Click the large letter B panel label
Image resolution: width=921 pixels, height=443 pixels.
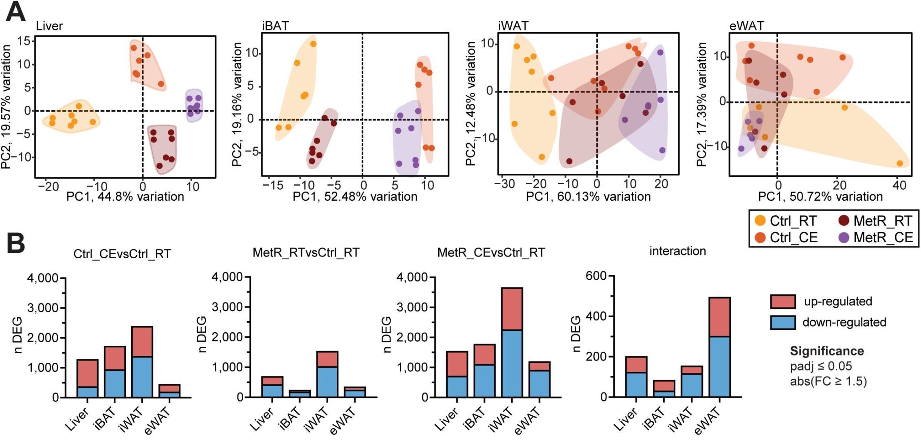point(15,243)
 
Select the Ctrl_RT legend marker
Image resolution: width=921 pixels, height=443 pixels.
point(760,221)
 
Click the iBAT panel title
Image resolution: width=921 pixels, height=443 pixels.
point(275,26)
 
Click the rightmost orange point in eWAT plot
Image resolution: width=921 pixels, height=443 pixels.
point(900,163)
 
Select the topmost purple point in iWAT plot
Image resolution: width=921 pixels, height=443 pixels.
point(660,53)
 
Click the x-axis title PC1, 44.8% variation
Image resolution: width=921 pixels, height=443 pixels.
point(125,197)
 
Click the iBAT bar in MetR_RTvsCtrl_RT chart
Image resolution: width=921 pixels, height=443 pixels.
point(299,393)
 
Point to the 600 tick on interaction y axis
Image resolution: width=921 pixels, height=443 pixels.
point(596,276)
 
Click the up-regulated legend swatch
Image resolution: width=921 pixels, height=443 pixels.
point(783,302)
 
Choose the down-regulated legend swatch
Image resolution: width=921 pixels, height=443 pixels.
point(783,322)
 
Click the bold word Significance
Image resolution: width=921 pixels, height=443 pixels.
point(826,351)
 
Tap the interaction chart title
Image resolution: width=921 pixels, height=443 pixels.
point(677,251)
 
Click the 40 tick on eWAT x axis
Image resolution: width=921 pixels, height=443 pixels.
point(899,185)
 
